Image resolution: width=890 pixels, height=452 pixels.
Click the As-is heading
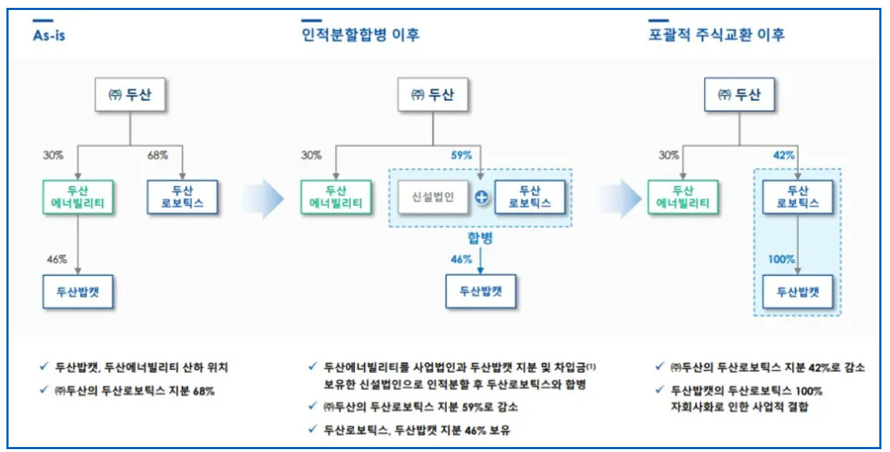[49, 34]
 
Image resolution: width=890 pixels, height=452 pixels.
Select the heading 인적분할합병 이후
[360, 34]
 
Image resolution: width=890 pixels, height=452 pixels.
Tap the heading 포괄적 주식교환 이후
[716, 34]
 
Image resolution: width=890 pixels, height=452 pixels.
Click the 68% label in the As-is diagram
[158, 155]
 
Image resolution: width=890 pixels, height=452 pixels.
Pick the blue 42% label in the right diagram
[784, 155]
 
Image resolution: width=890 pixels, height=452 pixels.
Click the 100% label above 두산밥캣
[781, 259]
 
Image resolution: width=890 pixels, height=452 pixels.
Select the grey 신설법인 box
[433, 197]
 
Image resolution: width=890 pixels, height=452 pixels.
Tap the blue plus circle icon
[482, 198]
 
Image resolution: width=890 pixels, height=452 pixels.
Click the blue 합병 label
[481, 237]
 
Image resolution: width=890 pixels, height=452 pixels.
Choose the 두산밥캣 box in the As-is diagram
[78, 291]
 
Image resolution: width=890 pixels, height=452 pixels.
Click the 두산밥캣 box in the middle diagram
[480, 291]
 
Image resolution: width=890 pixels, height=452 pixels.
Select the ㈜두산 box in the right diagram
[739, 95]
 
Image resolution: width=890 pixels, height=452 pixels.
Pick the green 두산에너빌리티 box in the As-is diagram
[76, 197]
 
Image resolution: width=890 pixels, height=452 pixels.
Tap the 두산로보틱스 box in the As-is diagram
[183, 197]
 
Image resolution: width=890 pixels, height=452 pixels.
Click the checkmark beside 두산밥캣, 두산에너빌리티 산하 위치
[44, 368]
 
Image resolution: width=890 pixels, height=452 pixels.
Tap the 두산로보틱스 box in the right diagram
[796, 197]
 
